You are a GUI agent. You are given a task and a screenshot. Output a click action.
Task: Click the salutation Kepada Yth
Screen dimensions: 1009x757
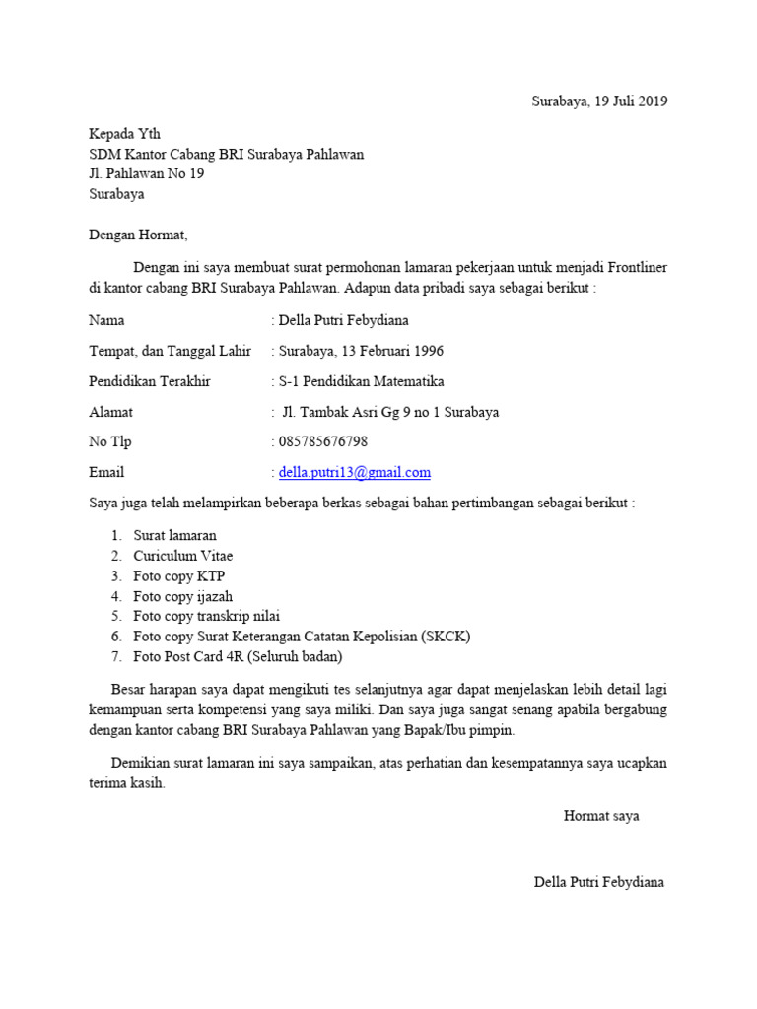point(124,134)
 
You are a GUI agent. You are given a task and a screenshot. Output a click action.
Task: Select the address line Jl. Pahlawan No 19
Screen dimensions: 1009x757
point(147,174)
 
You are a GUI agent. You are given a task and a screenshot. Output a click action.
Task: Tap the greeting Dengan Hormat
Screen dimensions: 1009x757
point(137,235)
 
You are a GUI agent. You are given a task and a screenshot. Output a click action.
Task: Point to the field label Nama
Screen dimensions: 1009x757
point(106,320)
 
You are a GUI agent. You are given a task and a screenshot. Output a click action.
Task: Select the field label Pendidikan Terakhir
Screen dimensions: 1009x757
point(150,381)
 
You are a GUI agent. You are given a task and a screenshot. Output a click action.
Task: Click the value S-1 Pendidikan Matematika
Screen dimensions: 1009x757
point(361,381)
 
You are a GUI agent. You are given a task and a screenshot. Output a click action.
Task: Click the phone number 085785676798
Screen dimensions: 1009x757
point(325,442)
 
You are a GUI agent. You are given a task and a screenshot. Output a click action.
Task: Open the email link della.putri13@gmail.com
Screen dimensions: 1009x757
point(355,473)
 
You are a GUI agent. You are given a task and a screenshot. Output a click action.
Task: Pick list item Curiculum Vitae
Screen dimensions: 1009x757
point(183,556)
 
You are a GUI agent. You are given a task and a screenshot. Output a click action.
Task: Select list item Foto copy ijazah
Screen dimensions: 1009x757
point(183,596)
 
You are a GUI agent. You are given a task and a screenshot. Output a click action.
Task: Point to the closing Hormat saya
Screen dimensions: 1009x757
point(601,816)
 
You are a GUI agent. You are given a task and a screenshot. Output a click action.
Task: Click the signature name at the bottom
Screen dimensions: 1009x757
point(599,882)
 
